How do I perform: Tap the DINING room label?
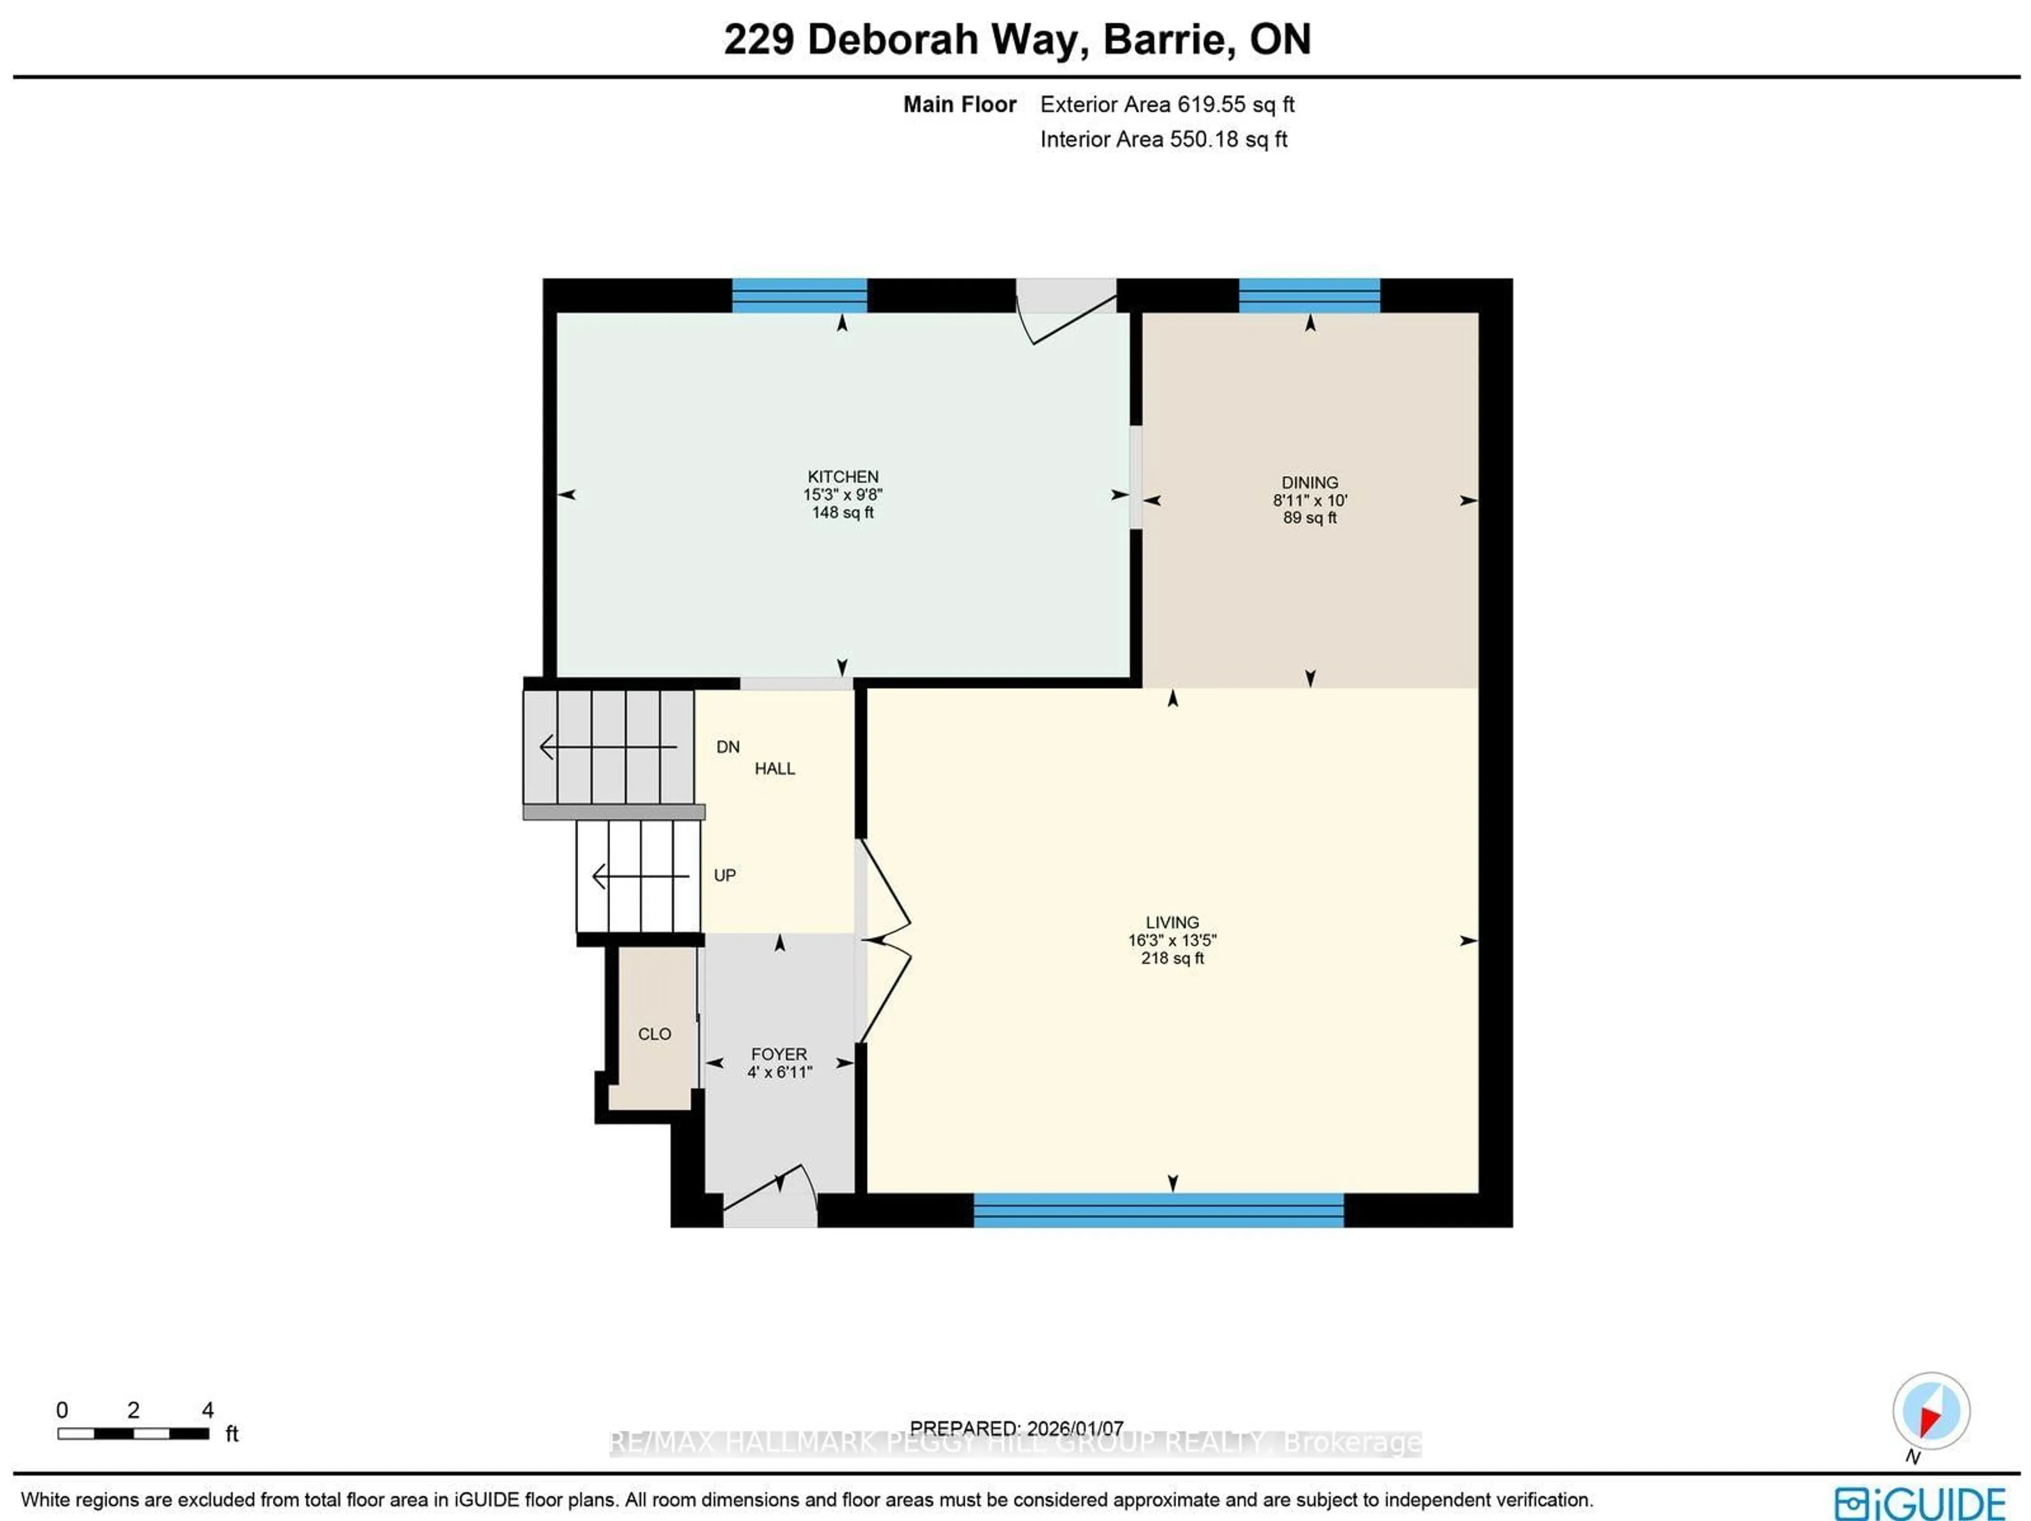pyautogui.click(x=1310, y=482)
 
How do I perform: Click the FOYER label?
pyautogui.click(x=779, y=1054)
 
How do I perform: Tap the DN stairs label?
pyautogui.click(x=727, y=746)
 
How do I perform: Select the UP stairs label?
pyautogui.click(x=725, y=876)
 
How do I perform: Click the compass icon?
pyautogui.click(x=1931, y=1411)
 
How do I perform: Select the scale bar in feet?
pyautogui.click(x=133, y=1433)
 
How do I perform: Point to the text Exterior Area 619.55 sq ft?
pyautogui.click(x=1166, y=105)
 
